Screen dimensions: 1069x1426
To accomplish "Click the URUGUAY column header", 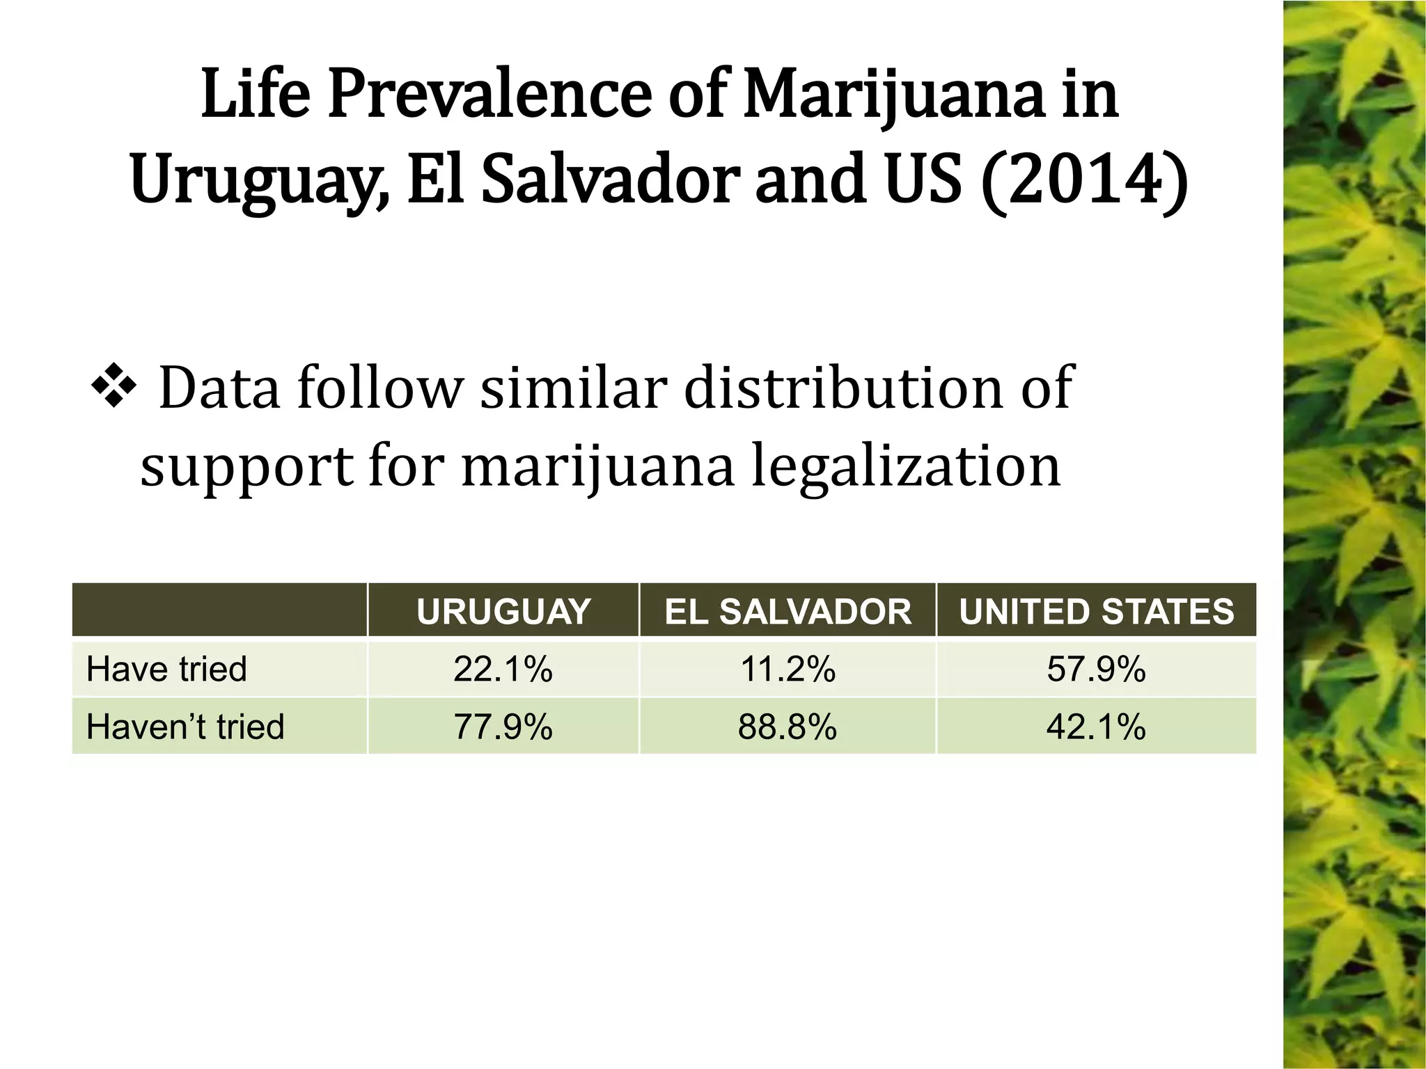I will (503, 612).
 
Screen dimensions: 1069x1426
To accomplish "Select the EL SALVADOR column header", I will (788, 612).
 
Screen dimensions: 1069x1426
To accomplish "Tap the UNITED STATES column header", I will (1096, 612).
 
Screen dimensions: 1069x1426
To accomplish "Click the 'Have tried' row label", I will (166, 669).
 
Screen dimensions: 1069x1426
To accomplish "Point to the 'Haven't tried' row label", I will (185, 727).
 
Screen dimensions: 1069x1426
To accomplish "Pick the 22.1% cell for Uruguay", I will (503, 669).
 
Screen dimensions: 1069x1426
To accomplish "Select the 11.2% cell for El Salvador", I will (788, 669).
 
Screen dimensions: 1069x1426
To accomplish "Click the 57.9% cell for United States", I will (1096, 669).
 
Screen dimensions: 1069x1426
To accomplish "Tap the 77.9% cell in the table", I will (503, 727).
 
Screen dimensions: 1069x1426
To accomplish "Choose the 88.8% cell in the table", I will (788, 727).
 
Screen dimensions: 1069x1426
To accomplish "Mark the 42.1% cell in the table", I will (1096, 727).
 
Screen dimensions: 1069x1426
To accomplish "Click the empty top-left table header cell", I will (219, 610).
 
